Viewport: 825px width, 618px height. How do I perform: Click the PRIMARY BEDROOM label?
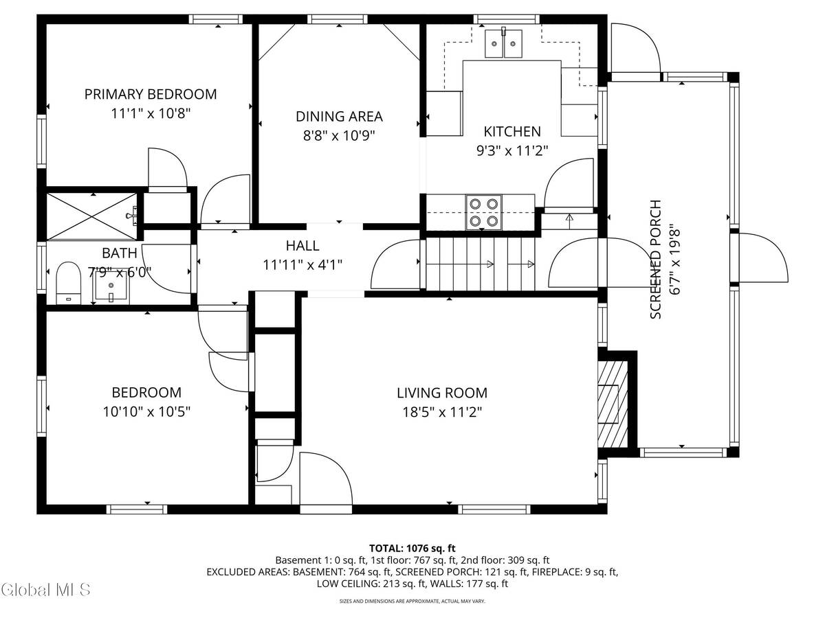(151, 94)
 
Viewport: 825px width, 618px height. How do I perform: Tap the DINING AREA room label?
(339, 117)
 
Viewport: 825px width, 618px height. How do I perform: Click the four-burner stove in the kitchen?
(483, 211)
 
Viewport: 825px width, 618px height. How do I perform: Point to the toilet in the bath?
(68, 282)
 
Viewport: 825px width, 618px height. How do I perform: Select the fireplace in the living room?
(612, 404)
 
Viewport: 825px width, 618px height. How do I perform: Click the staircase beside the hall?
(480, 264)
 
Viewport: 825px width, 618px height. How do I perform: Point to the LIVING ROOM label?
(441, 393)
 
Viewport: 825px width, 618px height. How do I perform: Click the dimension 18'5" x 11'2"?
(441, 412)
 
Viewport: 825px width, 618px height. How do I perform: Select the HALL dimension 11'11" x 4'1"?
(302, 264)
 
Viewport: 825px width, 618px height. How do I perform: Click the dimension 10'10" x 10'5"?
(146, 412)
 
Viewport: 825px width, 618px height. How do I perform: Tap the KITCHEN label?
(512, 131)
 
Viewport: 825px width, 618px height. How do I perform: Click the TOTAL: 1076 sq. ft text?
(412, 548)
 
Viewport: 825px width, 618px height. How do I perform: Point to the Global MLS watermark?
(46, 589)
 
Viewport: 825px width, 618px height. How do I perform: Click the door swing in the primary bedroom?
(167, 167)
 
